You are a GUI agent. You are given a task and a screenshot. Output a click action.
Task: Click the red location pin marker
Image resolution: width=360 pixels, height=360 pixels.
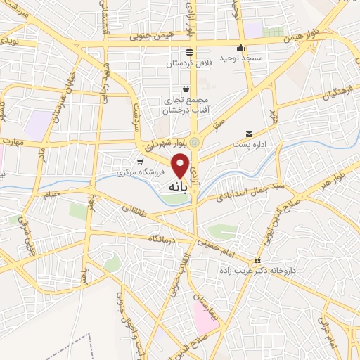coord(181,165)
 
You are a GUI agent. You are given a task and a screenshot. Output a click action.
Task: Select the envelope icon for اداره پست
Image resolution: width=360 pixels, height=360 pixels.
coord(249,134)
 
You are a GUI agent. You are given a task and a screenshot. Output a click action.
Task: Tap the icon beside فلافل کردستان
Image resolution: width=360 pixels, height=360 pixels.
coord(188,52)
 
